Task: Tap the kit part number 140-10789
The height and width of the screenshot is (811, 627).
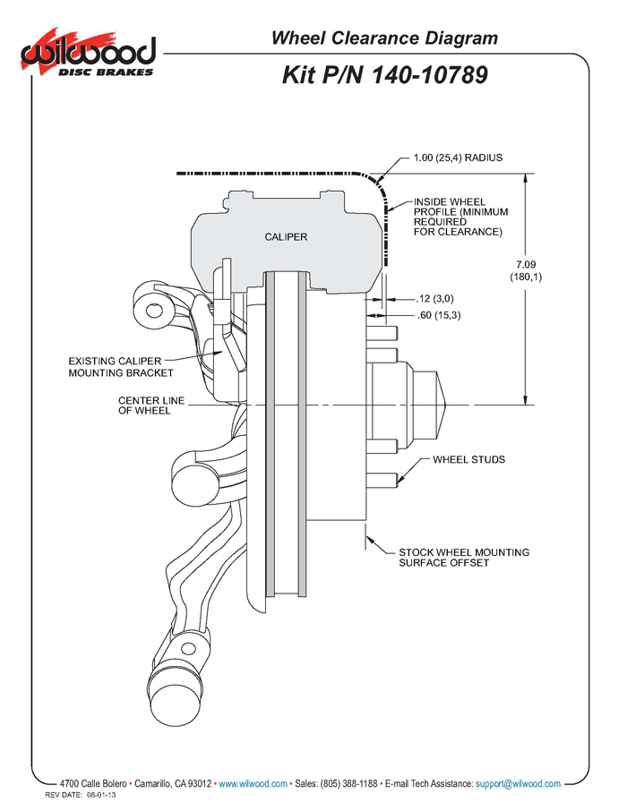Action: [384, 74]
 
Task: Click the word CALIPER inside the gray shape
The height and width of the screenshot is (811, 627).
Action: [286, 237]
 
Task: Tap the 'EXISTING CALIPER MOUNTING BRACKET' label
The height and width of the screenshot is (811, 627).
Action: [121, 366]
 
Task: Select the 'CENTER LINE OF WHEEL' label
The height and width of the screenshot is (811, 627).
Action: [151, 405]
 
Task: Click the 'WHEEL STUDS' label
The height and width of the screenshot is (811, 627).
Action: [468, 460]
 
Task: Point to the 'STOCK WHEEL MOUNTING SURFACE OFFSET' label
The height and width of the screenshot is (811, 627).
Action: [463, 558]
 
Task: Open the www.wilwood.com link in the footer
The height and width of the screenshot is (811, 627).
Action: [253, 783]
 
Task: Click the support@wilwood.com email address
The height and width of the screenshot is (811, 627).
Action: [519, 783]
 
